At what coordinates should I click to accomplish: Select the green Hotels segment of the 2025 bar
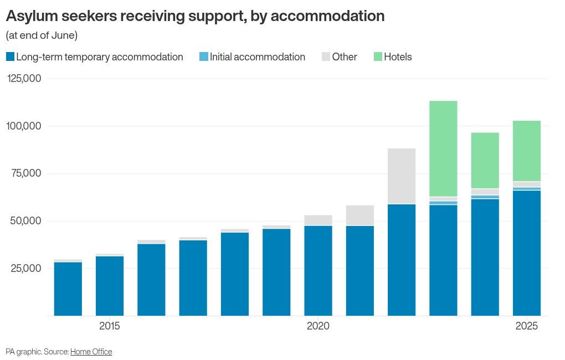tap(527, 151)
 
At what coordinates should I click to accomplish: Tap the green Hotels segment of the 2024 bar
tap(485, 161)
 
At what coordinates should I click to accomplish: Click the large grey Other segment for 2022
tap(402, 176)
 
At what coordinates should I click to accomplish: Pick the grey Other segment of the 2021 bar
tap(360, 215)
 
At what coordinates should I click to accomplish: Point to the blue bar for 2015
tap(110, 286)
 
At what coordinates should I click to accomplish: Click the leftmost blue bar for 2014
tap(68, 289)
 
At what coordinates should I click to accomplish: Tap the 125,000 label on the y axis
tap(24, 79)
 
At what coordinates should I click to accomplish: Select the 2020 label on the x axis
tap(318, 326)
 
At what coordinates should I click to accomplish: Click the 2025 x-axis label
tap(527, 326)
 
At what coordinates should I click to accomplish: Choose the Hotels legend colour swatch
tap(378, 57)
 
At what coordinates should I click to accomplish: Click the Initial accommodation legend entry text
tap(257, 57)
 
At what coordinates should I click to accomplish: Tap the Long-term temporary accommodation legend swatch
tap(10, 57)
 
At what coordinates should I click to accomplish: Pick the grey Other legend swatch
tap(326, 57)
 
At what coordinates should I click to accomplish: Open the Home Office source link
tap(91, 352)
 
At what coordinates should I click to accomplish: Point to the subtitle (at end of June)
tap(42, 35)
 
